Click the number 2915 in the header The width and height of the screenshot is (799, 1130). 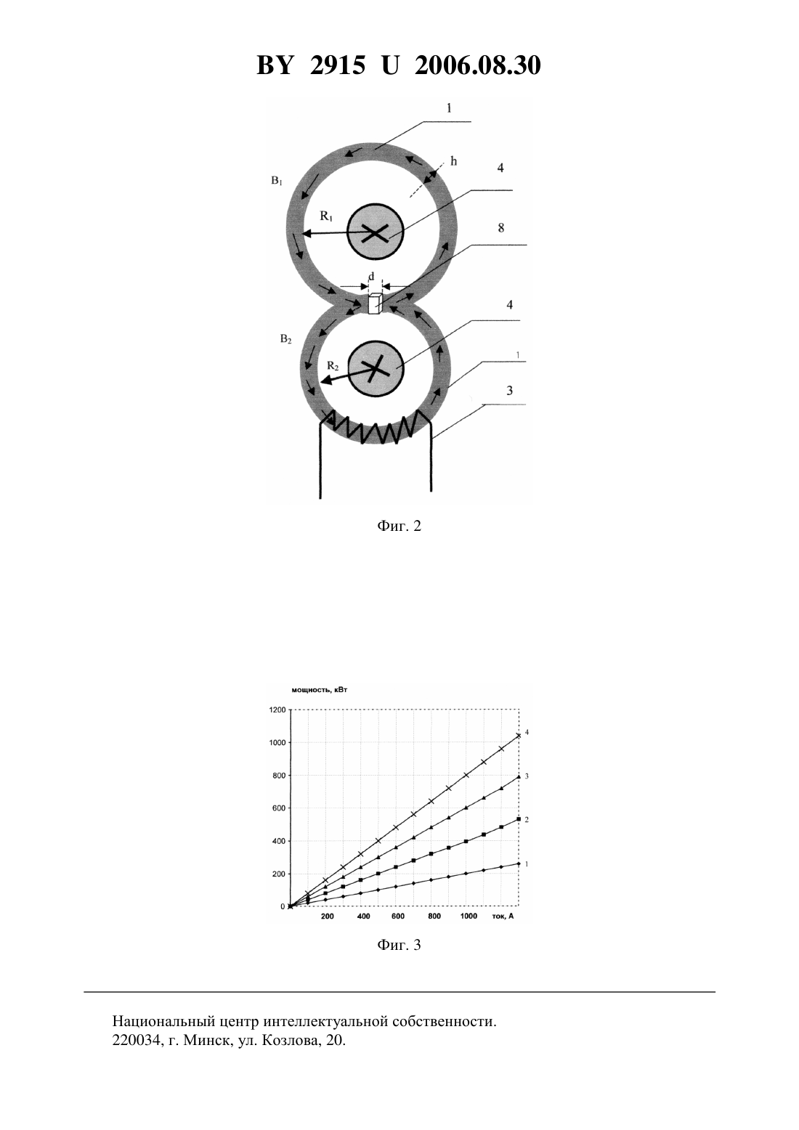click(x=338, y=65)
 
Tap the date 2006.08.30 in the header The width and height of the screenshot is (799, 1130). click(x=478, y=65)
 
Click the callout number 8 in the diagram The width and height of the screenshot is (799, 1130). click(x=501, y=228)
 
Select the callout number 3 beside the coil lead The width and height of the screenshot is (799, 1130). click(x=509, y=391)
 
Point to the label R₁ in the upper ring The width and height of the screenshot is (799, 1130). click(x=326, y=216)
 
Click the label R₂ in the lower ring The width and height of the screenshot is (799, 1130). click(x=333, y=366)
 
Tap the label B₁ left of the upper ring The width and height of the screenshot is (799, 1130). click(x=277, y=181)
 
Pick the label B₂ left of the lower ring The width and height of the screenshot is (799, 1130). click(x=286, y=339)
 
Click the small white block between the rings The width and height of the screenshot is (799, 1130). click(x=374, y=304)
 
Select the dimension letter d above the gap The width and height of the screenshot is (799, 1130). click(x=372, y=277)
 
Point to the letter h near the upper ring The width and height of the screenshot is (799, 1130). click(x=453, y=161)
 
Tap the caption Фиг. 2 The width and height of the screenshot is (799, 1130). click(x=399, y=527)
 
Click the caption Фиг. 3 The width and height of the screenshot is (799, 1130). click(x=399, y=945)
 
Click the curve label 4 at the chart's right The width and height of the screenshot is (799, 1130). click(x=527, y=732)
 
